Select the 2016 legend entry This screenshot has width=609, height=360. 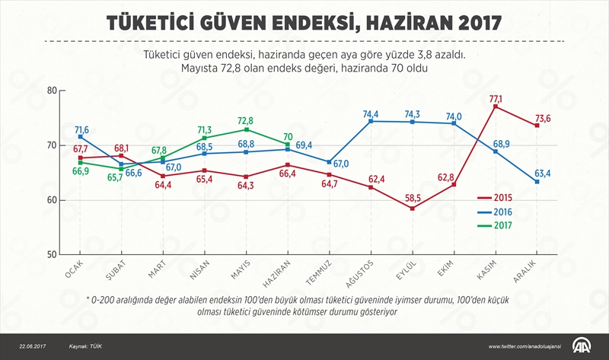[505, 212]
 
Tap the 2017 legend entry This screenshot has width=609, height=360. [505, 226]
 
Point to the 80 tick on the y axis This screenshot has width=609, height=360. [53, 91]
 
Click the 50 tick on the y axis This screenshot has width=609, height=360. [53, 255]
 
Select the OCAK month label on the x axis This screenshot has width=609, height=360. [74, 270]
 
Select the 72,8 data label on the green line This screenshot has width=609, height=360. [245, 121]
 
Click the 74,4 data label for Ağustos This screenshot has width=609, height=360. [371, 113]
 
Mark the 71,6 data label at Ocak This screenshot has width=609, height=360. [81, 130]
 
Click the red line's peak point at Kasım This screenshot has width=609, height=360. [496, 107]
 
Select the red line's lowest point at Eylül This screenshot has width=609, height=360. [412, 208]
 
